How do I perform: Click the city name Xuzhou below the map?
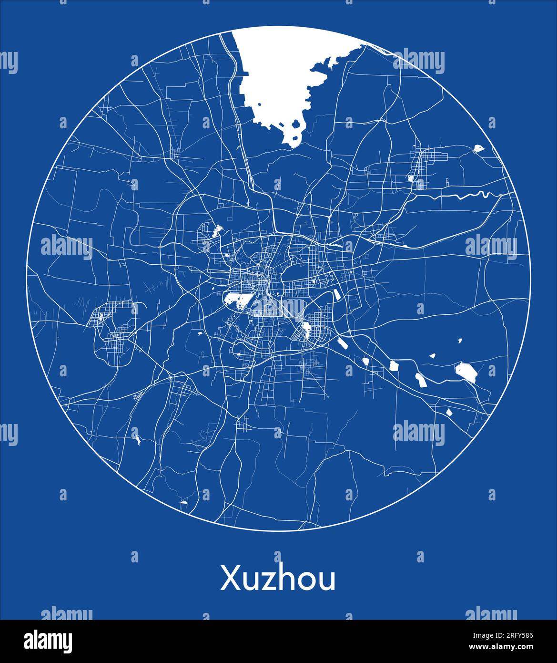(x=278, y=579)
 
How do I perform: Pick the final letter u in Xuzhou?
(x=328, y=581)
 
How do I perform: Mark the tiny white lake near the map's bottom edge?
(x=184, y=502)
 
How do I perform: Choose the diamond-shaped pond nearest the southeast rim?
(x=448, y=413)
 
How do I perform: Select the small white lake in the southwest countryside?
(x=138, y=441)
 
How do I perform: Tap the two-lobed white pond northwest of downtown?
(x=217, y=231)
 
